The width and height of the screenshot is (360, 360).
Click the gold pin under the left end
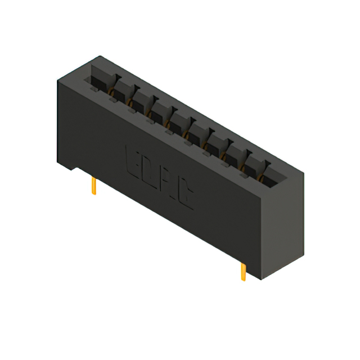[94, 186]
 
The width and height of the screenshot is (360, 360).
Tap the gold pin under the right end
[243, 272]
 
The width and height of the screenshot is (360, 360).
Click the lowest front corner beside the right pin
[261, 280]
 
